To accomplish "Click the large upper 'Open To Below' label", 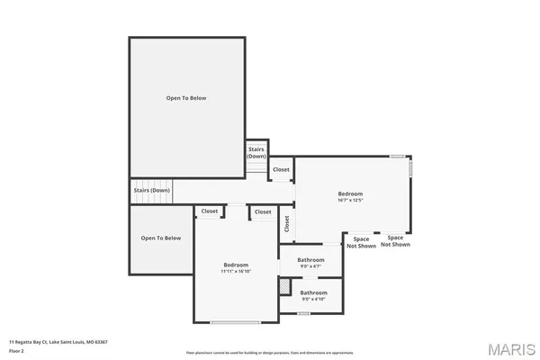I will [186, 97].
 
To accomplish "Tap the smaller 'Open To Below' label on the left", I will [161, 238].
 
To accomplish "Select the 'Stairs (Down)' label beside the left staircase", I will [151, 191].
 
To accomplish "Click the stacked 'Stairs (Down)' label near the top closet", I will [256, 153].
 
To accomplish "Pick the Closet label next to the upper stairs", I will [281, 169].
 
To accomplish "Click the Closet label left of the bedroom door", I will [210, 211].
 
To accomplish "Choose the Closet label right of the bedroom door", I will [263, 211].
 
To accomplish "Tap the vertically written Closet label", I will [287, 224].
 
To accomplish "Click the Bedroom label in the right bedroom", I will [350, 194].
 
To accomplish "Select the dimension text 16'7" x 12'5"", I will [350, 201].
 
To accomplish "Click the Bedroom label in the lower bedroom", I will [236, 265].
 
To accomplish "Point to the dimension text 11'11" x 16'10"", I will [236, 271].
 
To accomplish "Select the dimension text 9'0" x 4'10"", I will [313, 298].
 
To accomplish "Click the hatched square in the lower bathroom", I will [284, 287].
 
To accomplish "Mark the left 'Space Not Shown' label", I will [362, 241].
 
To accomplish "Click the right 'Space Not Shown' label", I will [395, 241].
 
